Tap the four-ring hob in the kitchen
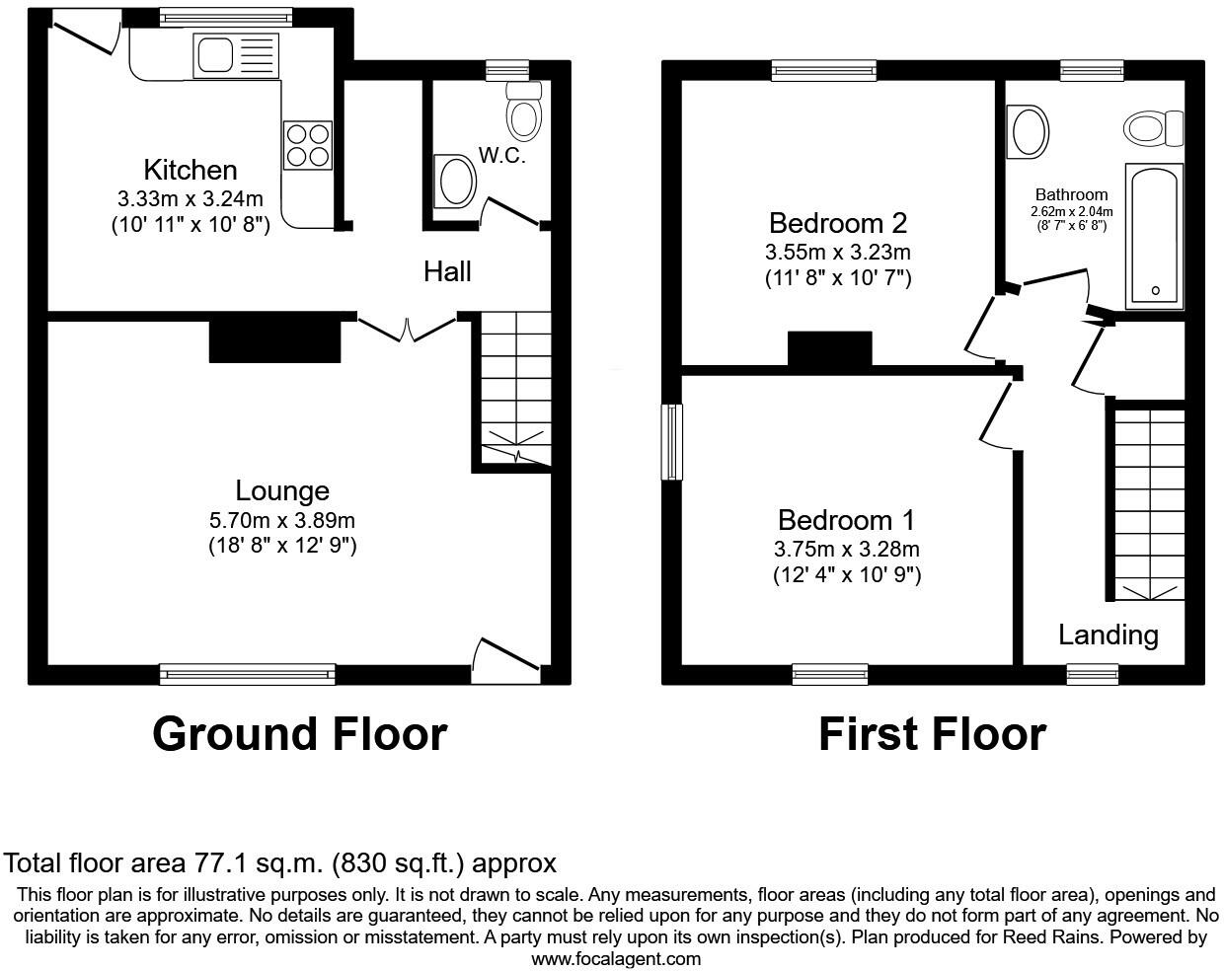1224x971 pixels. coord(307,144)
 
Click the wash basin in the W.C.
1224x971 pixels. coord(456,182)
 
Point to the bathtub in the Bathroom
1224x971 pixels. coord(1154,237)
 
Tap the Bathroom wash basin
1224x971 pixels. coord(1029,132)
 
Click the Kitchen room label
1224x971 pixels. coord(191,169)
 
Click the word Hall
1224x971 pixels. coord(447,271)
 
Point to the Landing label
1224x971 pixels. coord(1108,635)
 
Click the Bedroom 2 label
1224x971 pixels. coord(838,222)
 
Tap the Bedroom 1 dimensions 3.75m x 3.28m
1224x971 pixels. coord(847,550)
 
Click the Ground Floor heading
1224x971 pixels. coord(299,734)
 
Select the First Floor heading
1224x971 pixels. coord(932,734)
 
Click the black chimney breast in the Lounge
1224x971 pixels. coord(274,340)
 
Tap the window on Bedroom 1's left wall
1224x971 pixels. coord(672,441)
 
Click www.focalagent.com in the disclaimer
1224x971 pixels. coord(616,958)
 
